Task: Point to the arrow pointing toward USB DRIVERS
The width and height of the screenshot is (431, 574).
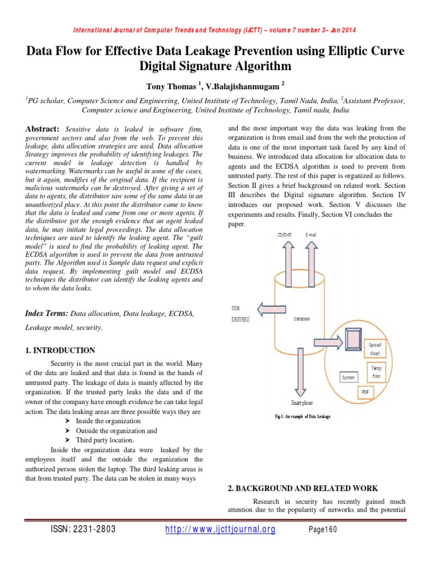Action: coord(272,308)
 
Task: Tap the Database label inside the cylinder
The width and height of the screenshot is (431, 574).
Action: coord(301,319)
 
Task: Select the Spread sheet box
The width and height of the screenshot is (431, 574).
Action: coord(374,349)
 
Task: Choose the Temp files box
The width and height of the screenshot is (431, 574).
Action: coord(376,372)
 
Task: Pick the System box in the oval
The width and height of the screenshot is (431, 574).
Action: coord(349,377)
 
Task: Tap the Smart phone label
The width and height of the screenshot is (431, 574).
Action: coord(302,402)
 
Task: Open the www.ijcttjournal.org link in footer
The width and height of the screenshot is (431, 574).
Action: coord(221,530)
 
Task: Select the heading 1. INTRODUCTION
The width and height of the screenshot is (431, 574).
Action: coord(60,350)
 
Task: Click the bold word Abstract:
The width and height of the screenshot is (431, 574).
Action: coord(44,129)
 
